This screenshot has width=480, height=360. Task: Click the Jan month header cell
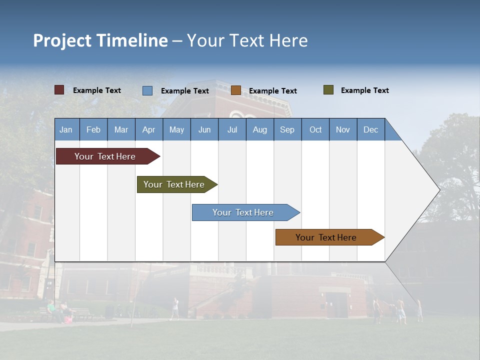coord(66,129)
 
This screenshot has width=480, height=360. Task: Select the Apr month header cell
coord(149,129)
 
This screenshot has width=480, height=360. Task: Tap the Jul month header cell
coord(232,129)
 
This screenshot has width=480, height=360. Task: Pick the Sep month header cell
coord(287,129)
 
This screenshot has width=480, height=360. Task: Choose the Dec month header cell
coord(370,129)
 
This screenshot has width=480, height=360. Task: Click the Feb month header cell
coord(93,129)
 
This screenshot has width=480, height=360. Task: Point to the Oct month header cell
coord(315,129)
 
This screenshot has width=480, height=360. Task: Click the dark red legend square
coord(59,90)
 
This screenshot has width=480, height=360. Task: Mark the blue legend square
coord(147,90)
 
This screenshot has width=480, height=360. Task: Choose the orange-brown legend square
coord(236,90)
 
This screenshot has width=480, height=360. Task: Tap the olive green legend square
coord(328,90)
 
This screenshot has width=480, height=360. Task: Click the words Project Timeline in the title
coord(100,40)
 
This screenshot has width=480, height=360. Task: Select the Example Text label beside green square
coord(364,90)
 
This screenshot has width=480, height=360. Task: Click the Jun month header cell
coord(204,129)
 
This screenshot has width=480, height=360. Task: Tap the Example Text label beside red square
coord(97,90)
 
